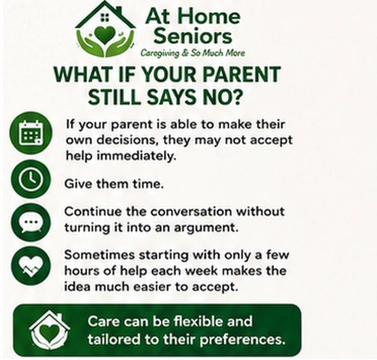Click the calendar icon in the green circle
[31, 133]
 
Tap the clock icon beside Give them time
[31, 179]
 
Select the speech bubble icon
[31, 222]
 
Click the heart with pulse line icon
[31, 266]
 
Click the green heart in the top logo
[106, 35]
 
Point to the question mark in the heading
[236, 97]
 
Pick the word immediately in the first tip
[136, 156]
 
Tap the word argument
[206, 227]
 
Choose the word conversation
[192, 211]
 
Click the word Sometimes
[99, 255]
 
